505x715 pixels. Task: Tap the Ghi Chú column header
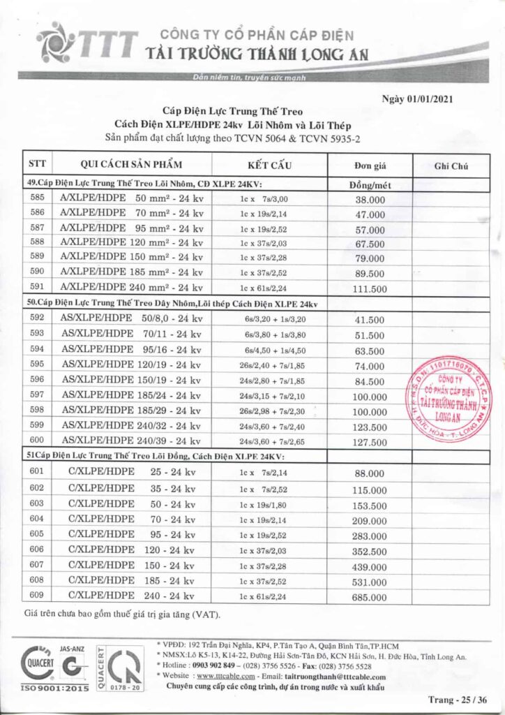tap(451, 166)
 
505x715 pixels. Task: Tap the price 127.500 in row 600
tap(370, 442)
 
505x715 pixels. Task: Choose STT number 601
tap(38, 473)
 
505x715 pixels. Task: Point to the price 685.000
tap(370, 597)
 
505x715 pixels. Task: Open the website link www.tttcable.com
tap(225, 676)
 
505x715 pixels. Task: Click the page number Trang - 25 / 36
tap(459, 700)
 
